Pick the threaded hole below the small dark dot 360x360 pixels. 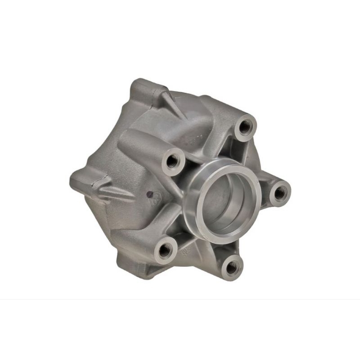coord(166,249)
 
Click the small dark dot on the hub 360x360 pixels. coord(149,195)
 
